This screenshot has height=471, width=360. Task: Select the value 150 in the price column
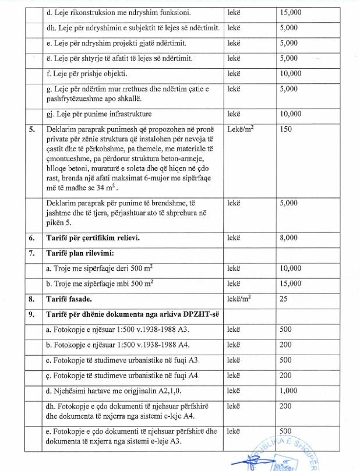(285, 129)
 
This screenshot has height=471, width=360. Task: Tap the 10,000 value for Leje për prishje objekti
(291, 74)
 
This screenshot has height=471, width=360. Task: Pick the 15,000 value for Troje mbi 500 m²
(291, 284)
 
